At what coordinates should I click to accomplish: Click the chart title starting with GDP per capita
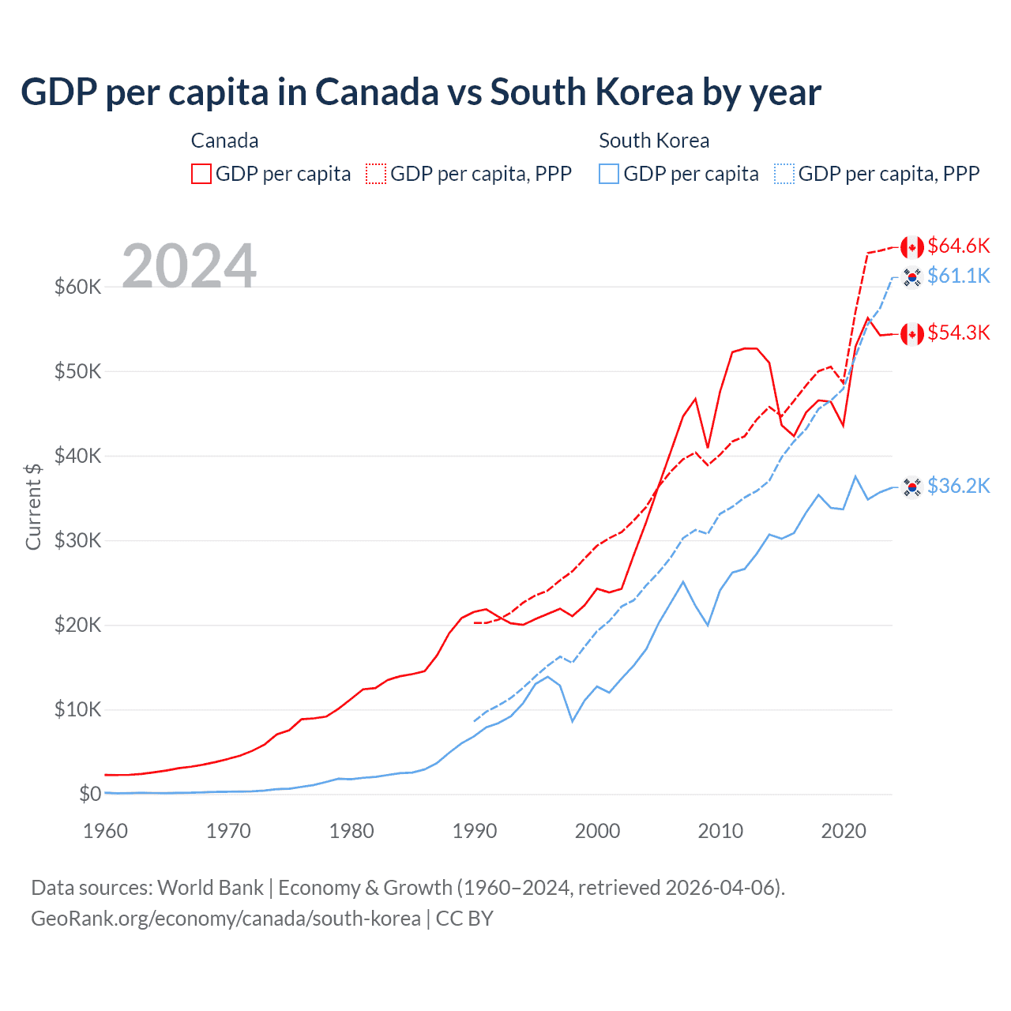click(x=420, y=92)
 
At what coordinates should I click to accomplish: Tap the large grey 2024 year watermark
click(x=189, y=266)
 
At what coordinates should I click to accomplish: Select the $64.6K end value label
click(x=958, y=246)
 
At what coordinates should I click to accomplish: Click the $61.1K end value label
click(x=958, y=276)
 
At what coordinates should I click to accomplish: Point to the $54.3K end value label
click(x=958, y=333)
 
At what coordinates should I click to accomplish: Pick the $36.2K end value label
click(x=958, y=486)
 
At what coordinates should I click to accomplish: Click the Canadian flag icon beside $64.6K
click(x=912, y=247)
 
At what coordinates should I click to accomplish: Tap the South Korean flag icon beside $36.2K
click(x=912, y=487)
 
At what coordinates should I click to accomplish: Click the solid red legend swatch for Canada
click(x=201, y=174)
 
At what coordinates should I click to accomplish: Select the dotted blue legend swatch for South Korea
click(x=784, y=174)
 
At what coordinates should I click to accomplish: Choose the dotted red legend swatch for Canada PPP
click(x=377, y=174)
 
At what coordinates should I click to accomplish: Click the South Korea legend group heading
click(x=654, y=141)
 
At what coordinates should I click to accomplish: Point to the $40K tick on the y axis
click(x=77, y=456)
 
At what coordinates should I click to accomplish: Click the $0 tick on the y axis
click(x=90, y=794)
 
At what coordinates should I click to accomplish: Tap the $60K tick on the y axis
click(x=77, y=287)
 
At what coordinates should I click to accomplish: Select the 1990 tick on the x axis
click(x=475, y=831)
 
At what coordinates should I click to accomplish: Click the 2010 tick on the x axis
click(x=720, y=831)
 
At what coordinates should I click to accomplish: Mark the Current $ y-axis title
click(x=33, y=506)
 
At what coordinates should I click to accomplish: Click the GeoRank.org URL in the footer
click(x=226, y=919)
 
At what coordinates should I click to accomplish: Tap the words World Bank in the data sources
click(x=210, y=888)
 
